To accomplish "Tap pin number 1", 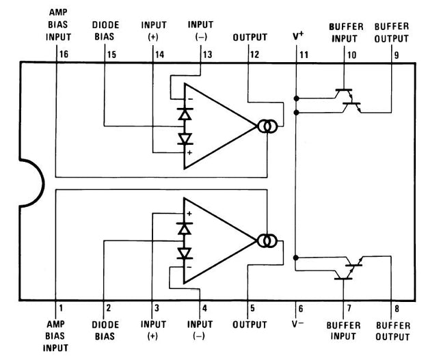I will [60, 308].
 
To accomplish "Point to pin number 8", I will [397, 308].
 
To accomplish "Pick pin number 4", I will [204, 308].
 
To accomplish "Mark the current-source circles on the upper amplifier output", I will [266, 126].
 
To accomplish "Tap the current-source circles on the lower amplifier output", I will [266, 240].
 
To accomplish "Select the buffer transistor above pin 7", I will [349, 268].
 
